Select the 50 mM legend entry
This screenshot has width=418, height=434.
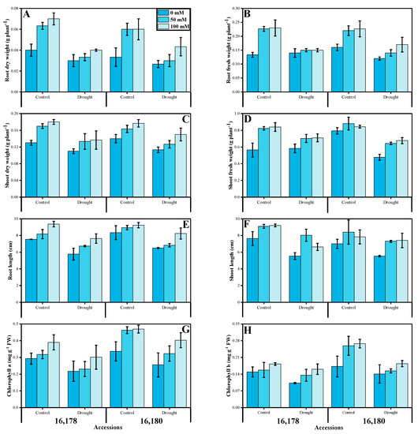(174, 20)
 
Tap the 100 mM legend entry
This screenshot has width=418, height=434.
(175, 27)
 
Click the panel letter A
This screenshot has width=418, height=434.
(28, 14)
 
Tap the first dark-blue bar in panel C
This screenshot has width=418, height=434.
(31, 154)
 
